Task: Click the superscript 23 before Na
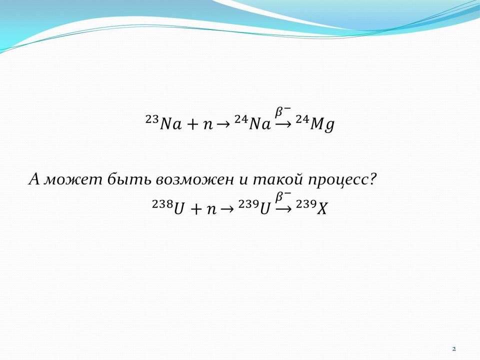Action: tap(152, 119)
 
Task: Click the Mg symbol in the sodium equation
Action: tap(322, 125)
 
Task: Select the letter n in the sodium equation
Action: tap(208, 125)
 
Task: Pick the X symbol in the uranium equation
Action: tap(322, 209)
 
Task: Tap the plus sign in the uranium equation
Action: tap(196, 209)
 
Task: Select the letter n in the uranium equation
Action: tap(211, 210)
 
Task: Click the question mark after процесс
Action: tap(372, 179)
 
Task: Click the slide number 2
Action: tap(454, 348)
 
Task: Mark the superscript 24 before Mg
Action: tap(302, 119)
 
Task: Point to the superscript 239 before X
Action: tap(306, 204)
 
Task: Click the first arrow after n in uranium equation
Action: tap(226, 209)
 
